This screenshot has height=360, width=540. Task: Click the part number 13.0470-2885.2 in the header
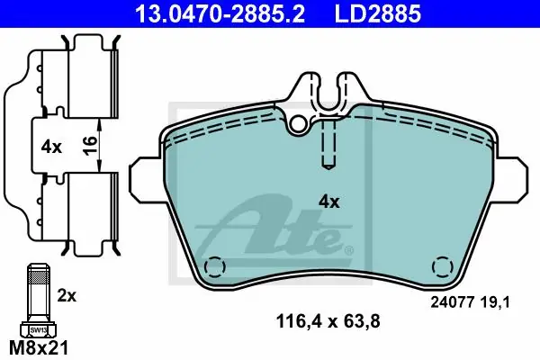220,13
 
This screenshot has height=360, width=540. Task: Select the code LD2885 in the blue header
378,13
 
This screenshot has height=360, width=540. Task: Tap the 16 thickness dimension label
90,146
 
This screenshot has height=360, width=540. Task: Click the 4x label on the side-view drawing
51,148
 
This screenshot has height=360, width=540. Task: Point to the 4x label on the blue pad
328,202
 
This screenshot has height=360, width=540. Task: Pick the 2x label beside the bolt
67,295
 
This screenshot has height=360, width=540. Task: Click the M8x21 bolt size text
39,347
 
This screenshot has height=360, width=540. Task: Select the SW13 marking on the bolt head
38,329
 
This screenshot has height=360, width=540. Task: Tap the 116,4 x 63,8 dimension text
328,322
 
